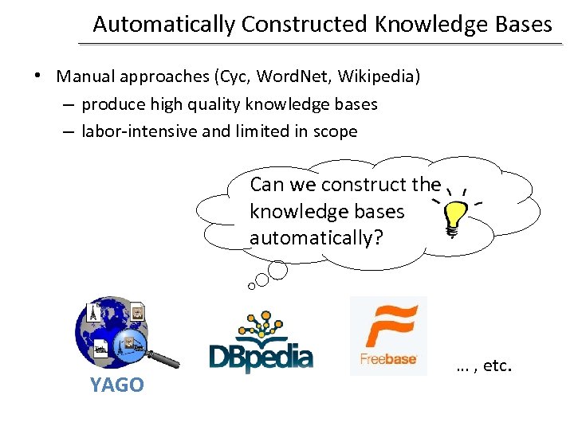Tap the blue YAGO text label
pos(117,385)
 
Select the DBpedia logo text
pos(261,356)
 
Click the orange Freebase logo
pos(388,334)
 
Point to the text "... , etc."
pos(483,366)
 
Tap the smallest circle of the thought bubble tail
pos(252,285)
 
